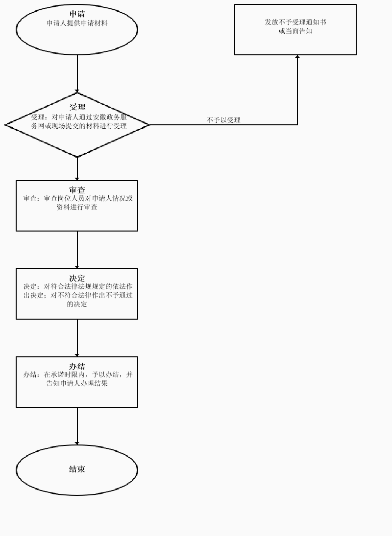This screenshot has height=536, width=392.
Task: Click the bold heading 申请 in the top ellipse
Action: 77,14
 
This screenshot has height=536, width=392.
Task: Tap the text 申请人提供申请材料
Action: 77,23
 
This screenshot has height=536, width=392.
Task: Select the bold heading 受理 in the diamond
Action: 77,107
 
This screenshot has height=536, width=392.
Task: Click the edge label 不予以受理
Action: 223,120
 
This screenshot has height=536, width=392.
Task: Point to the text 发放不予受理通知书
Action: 295,22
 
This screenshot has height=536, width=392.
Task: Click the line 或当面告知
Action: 295,31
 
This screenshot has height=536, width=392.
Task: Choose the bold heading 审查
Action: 77,190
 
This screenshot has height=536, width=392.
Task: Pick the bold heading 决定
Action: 77,278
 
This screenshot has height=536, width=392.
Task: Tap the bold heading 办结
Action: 77,366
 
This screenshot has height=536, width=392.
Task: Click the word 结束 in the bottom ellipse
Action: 77,469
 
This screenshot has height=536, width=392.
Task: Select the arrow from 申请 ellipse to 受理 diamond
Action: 77,73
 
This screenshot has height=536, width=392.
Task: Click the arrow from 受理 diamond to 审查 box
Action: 77,169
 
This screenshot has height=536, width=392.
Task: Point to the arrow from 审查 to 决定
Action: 77,250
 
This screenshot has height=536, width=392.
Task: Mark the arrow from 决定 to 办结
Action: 77,338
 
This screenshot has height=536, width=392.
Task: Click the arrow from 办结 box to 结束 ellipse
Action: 77,426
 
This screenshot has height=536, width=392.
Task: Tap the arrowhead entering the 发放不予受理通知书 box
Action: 297,57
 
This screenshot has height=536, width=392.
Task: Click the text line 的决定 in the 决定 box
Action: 77,304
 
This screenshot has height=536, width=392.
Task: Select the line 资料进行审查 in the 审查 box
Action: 77,207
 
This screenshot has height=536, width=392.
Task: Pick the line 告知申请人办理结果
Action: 77,383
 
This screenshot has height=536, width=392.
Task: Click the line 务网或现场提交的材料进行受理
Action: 79,126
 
